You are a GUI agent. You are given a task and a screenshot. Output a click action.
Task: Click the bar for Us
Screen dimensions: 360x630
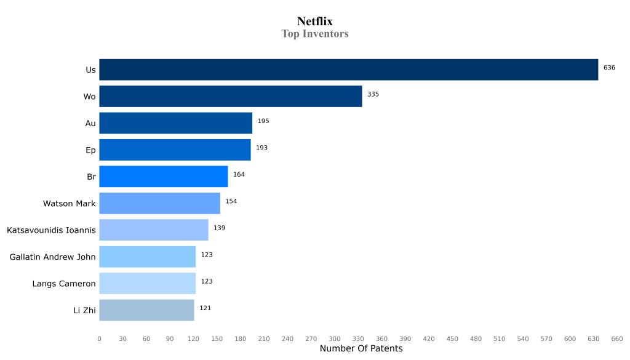(348, 70)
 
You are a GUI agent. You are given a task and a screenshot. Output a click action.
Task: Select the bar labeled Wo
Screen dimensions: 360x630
(230, 97)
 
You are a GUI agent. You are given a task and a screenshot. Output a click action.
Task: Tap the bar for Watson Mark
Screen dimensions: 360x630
(159, 203)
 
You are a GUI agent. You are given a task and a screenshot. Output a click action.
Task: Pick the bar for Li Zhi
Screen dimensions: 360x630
(146, 310)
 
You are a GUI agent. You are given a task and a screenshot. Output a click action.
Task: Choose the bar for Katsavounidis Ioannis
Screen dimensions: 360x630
(153, 230)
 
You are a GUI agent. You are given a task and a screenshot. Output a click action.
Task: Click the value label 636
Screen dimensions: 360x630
(609, 68)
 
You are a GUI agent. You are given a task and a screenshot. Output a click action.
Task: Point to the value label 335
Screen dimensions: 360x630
(373, 94)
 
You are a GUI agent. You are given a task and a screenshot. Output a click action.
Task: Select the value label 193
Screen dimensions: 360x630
(261, 148)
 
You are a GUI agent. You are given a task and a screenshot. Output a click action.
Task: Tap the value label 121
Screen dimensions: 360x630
(205, 308)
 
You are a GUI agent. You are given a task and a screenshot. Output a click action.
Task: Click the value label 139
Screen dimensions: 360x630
(219, 228)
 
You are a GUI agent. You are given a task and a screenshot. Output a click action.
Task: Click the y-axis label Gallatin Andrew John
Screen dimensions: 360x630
(52, 257)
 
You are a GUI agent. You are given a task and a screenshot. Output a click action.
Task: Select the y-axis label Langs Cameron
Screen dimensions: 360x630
(64, 284)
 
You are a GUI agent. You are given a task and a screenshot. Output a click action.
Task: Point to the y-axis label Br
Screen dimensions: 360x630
(91, 177)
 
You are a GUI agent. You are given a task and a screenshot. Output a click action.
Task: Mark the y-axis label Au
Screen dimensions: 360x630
(90, 124)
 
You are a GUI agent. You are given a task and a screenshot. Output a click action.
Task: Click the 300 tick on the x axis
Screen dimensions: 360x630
(335, 338)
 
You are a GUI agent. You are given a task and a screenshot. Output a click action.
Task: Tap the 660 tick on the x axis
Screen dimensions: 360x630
(616, 338)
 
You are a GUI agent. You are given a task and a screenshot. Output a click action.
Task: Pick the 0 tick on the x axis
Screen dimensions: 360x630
(99, 338)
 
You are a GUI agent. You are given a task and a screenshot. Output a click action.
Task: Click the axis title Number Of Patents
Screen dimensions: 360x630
(361, 349)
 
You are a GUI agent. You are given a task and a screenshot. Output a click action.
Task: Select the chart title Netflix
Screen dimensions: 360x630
(315, 22)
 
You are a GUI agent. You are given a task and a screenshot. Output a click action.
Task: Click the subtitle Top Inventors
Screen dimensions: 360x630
(315, 34)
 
